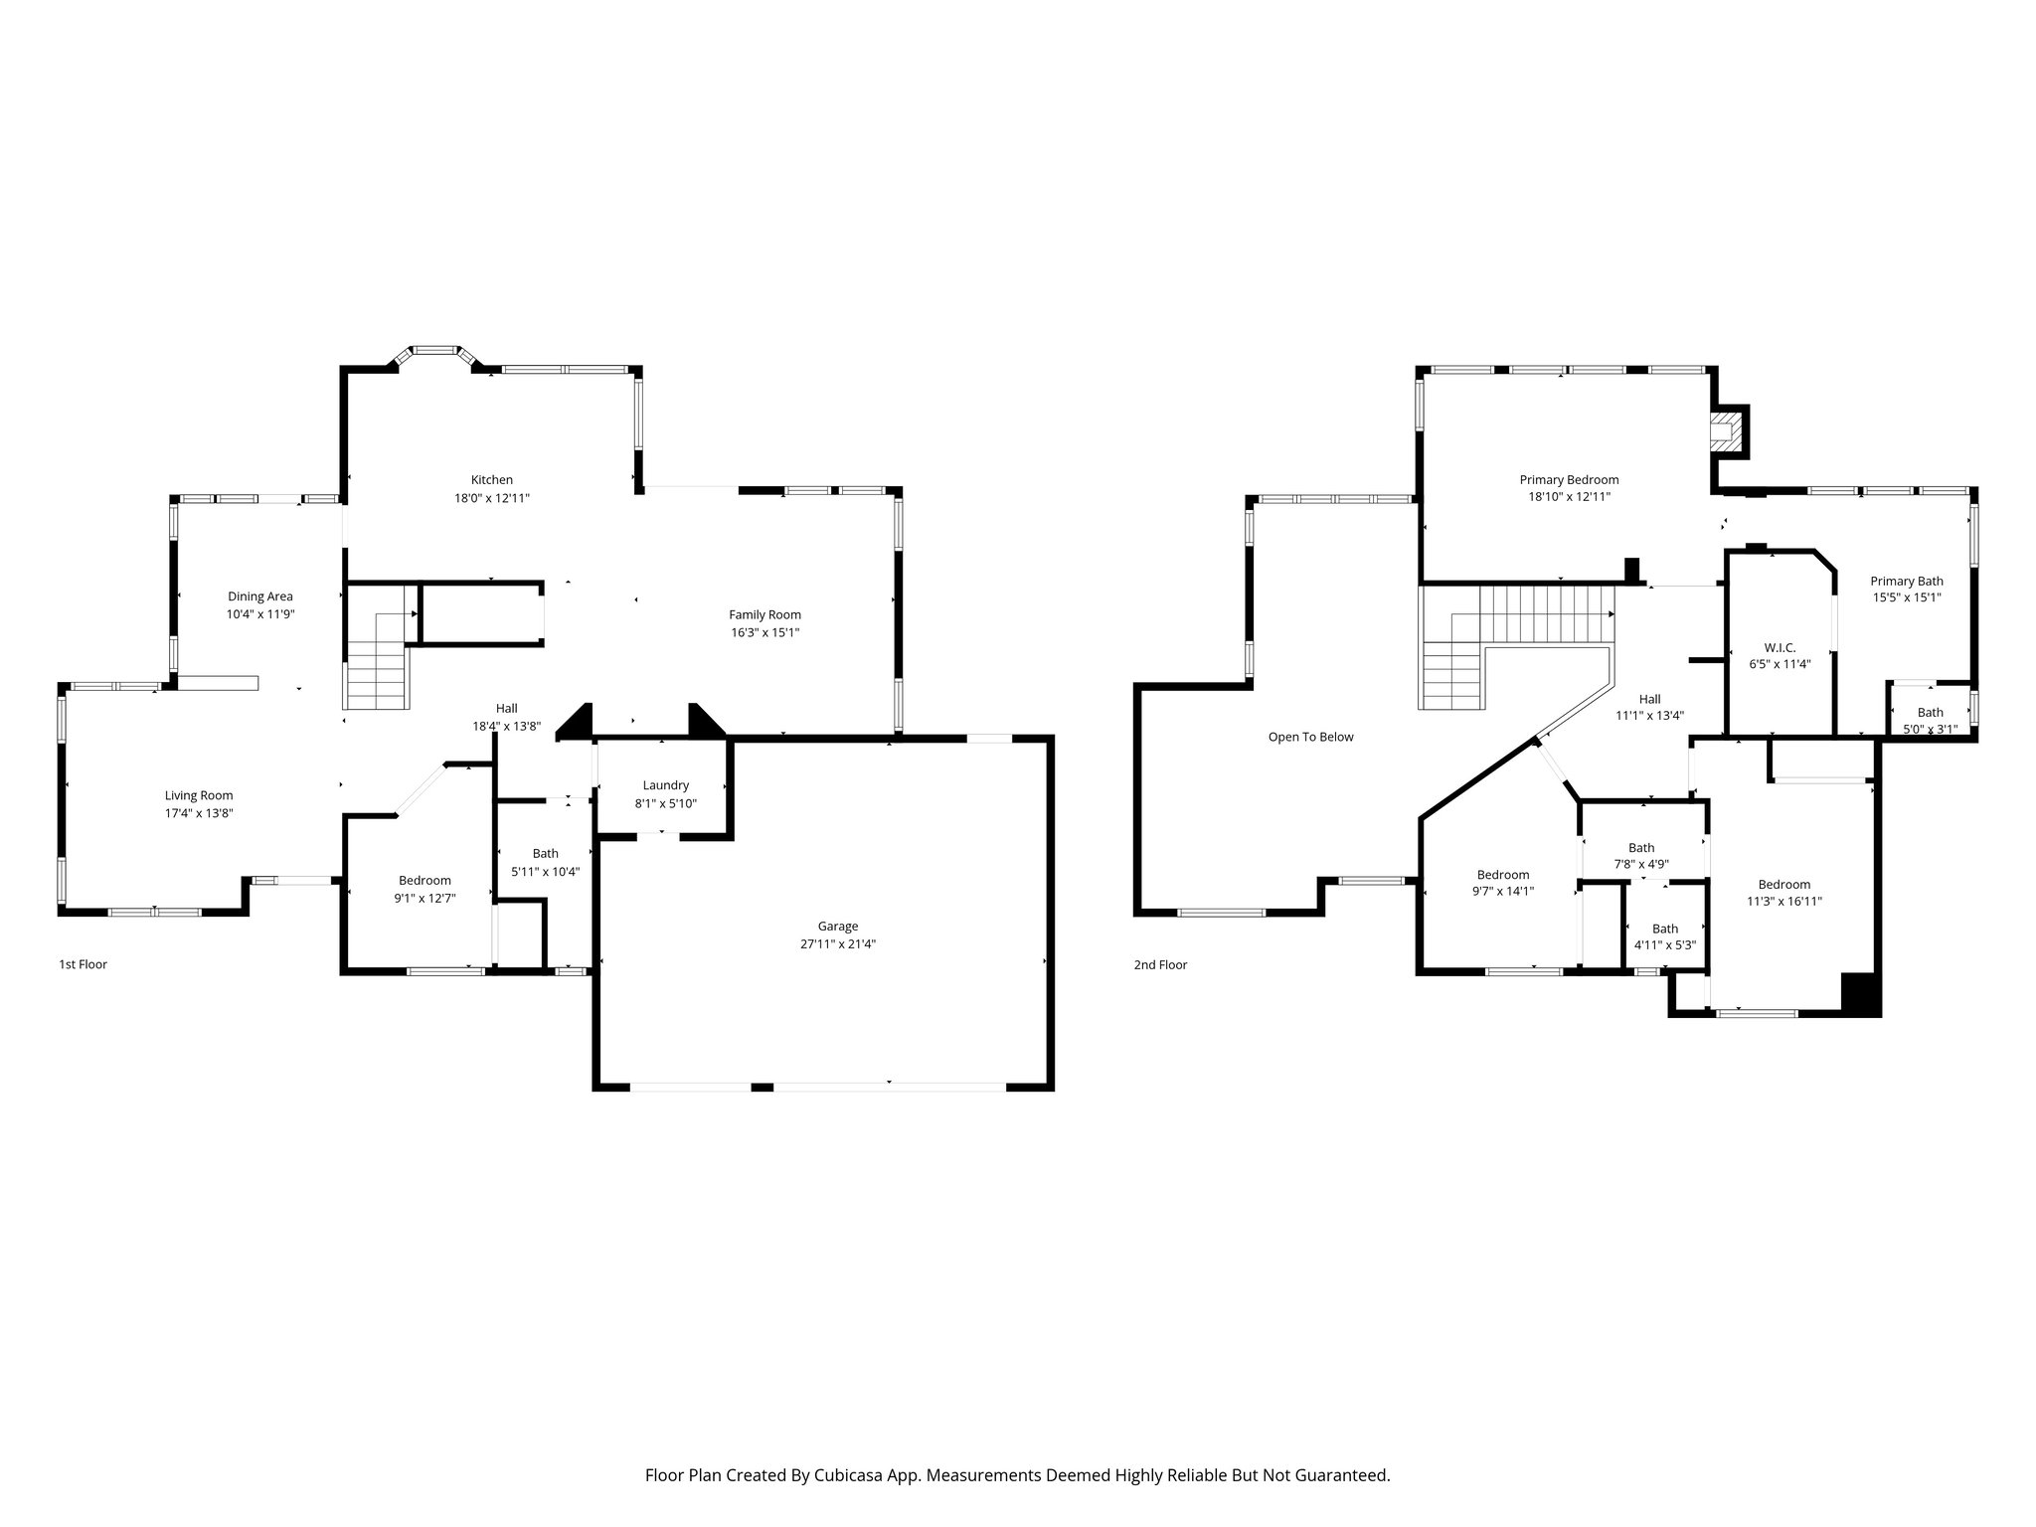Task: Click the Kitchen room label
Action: point(492,480)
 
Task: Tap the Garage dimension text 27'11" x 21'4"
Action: point(838,944)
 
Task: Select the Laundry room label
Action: point(665,785)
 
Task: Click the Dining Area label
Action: point(259,596)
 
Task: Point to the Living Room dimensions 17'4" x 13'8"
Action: point(199,813)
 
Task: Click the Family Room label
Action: point(764,614)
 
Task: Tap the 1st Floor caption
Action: point(83,964)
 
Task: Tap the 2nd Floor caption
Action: point(1160,964)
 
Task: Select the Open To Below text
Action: point(1310,737)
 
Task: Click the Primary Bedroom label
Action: point(1569,480)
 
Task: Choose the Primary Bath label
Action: point(1907,582)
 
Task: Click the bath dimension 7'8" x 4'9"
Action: point(1640,864)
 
